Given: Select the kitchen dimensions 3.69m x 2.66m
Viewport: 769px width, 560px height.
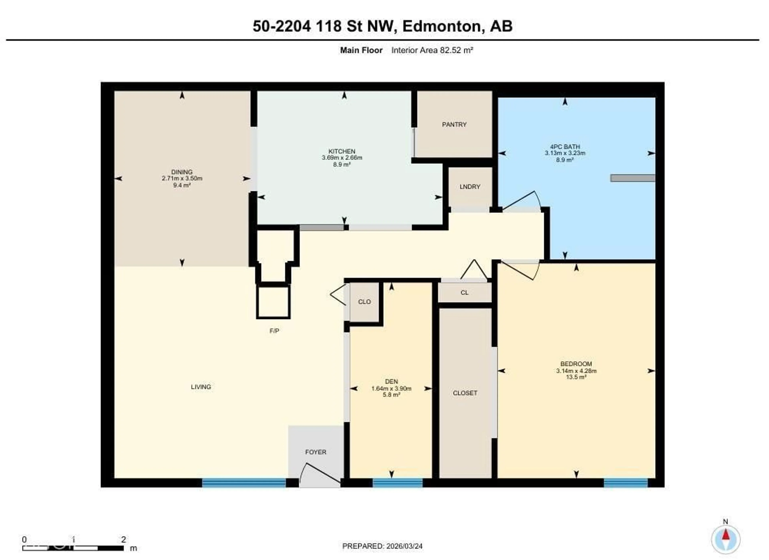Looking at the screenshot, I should click(x=342, y=158).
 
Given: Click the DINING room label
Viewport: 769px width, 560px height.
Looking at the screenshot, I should click(x=182, y=172).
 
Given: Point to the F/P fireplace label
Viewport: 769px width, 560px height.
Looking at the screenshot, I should click(x=274, y=331).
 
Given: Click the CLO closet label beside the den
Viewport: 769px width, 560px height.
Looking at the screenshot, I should click(x=364, y=302).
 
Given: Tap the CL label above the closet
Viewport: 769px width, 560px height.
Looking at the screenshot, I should click(x=464, y=293).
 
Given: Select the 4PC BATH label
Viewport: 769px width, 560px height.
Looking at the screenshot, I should click(x=565, y=147).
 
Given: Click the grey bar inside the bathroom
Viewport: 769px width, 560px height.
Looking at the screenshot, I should click(x=632, y=178).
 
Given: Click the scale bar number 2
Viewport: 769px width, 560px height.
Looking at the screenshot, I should click(x=124, y=539).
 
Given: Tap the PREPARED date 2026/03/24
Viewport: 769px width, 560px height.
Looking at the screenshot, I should click(x=404, y=546).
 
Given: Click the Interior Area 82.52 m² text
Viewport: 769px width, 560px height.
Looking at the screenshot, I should click(x=432, y=50).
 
